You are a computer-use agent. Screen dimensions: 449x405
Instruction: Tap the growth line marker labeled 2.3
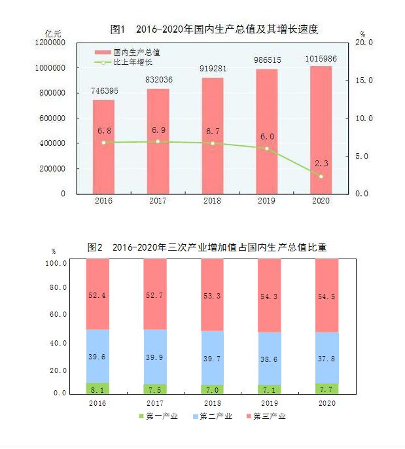point(321,176)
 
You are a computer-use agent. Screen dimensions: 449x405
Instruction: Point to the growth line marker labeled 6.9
point(158,141)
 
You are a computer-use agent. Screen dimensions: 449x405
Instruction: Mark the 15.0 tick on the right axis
point(363,81)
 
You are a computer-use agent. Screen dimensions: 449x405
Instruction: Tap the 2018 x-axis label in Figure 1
point(212,201)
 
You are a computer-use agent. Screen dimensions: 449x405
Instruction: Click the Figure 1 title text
point(214,29)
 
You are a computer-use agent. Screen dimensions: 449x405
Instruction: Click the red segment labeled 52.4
point(97,294)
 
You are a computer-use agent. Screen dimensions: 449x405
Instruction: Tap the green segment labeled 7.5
point(154,389)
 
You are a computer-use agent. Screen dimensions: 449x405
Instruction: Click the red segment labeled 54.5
point(326,295)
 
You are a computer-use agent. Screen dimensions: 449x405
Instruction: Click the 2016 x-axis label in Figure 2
point(97,404)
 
